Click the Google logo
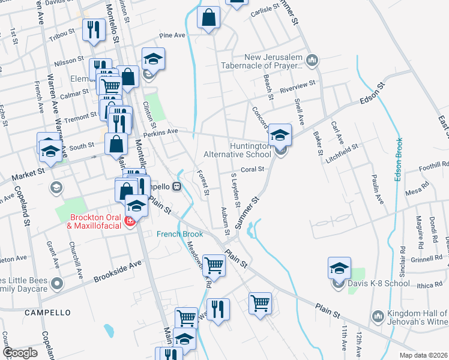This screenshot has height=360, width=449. [x=20, y=353]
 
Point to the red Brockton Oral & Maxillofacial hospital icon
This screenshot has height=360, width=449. [x=129, y=222]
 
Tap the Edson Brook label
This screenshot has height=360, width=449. [x=398, y=160]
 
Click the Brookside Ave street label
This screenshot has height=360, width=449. [x=118, y=271]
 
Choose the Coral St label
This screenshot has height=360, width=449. [x=253, y=169]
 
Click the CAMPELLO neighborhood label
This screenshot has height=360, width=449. [x=47, y=313]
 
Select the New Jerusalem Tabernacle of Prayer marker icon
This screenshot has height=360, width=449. [x=312, y=60]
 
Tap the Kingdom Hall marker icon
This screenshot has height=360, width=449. [x=378, y=316]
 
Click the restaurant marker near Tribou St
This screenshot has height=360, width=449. [x=93, y=30]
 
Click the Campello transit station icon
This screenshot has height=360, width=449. [x=176, y=186]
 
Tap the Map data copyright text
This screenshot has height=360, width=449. [x=423, y=355]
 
